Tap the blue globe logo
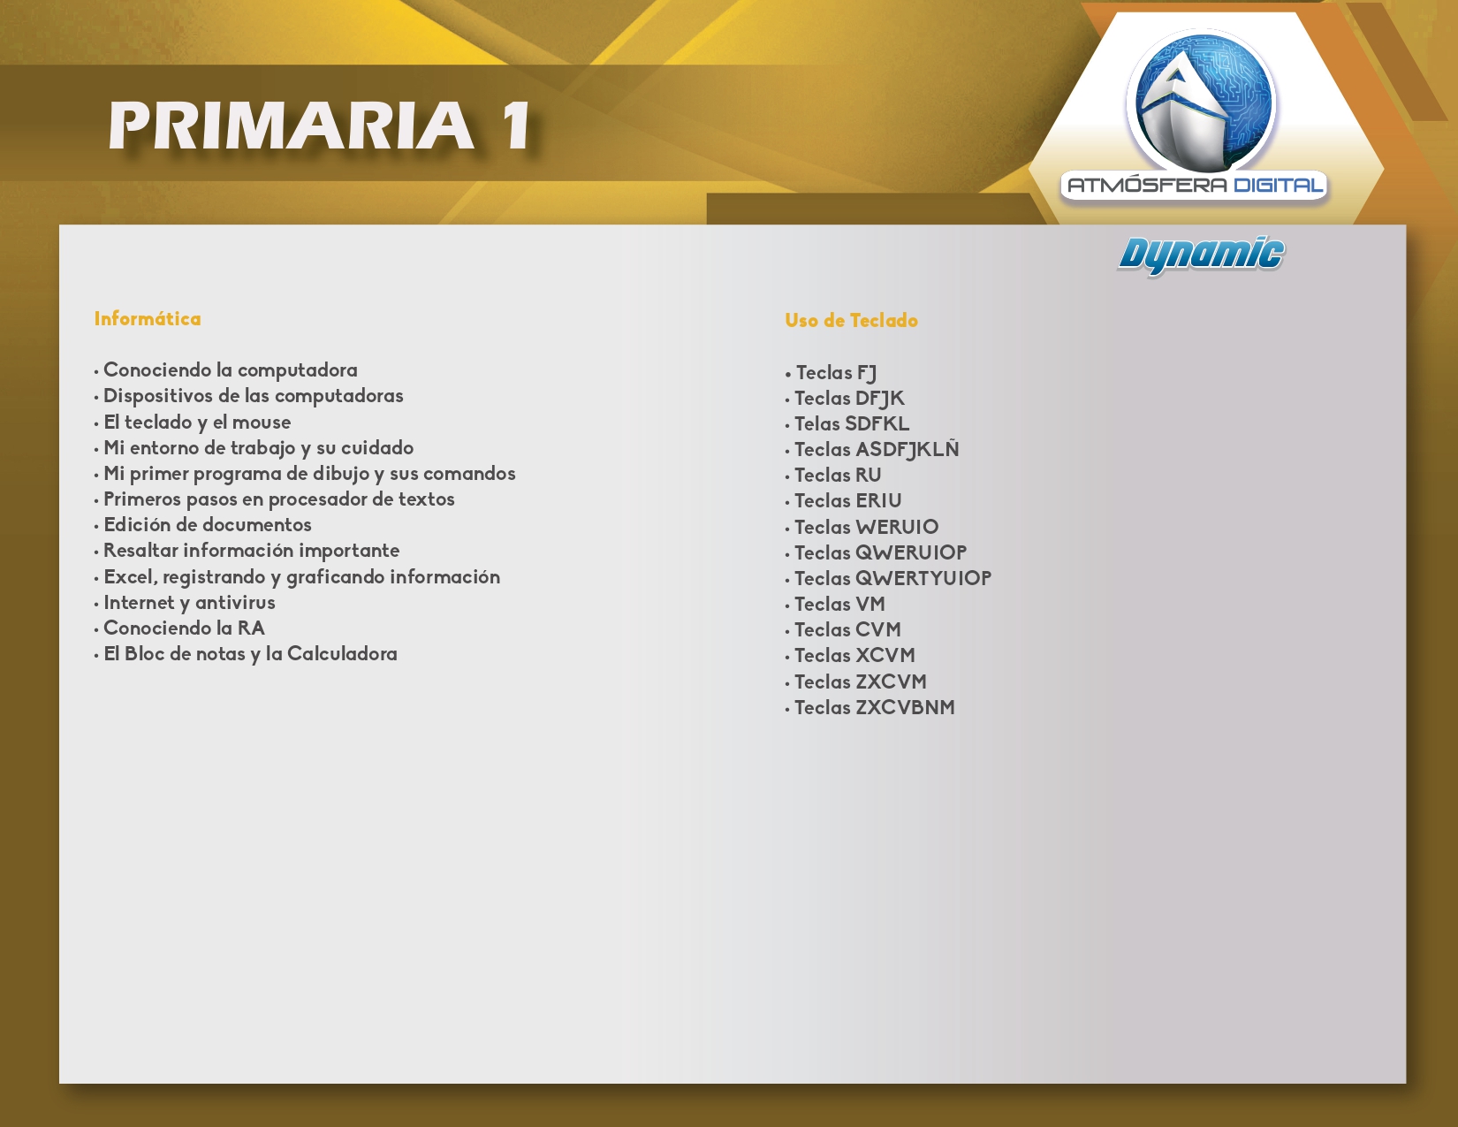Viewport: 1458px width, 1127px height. coord(1201,101)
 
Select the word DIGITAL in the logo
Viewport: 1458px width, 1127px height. coord(1279,186)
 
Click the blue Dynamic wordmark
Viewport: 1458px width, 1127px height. coord(1201,255)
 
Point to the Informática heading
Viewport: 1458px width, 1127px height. coord(148,319)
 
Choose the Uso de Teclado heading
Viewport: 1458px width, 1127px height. coord(852,321)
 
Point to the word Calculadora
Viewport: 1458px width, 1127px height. coord(342,654)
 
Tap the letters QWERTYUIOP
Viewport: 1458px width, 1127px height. coord(923,579)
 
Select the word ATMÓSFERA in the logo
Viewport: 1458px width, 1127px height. coord(1147,185)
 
